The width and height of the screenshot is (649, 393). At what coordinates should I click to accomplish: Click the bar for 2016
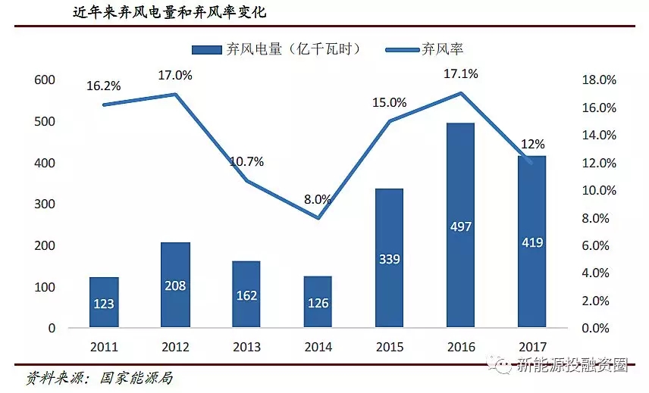point(459,226)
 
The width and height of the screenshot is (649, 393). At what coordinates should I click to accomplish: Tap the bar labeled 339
point(389,258)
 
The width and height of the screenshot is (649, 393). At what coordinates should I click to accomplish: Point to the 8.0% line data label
point(318,200)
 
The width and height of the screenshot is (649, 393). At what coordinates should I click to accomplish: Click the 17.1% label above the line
point(460,75)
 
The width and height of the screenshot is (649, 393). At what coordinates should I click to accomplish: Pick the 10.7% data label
point(248,161)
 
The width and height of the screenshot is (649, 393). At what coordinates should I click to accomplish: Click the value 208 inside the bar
point(175,287)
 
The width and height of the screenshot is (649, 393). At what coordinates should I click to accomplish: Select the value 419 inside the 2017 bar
point(531,243)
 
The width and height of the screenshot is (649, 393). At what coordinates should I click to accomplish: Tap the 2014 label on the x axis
point(318,347)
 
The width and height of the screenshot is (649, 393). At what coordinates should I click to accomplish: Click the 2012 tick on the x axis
point(175,347)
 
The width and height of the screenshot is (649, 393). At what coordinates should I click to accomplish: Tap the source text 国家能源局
point(136,376)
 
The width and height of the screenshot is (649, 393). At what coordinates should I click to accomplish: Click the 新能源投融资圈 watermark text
point(572,365)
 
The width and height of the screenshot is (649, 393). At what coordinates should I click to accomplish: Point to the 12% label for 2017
point(532,145)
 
